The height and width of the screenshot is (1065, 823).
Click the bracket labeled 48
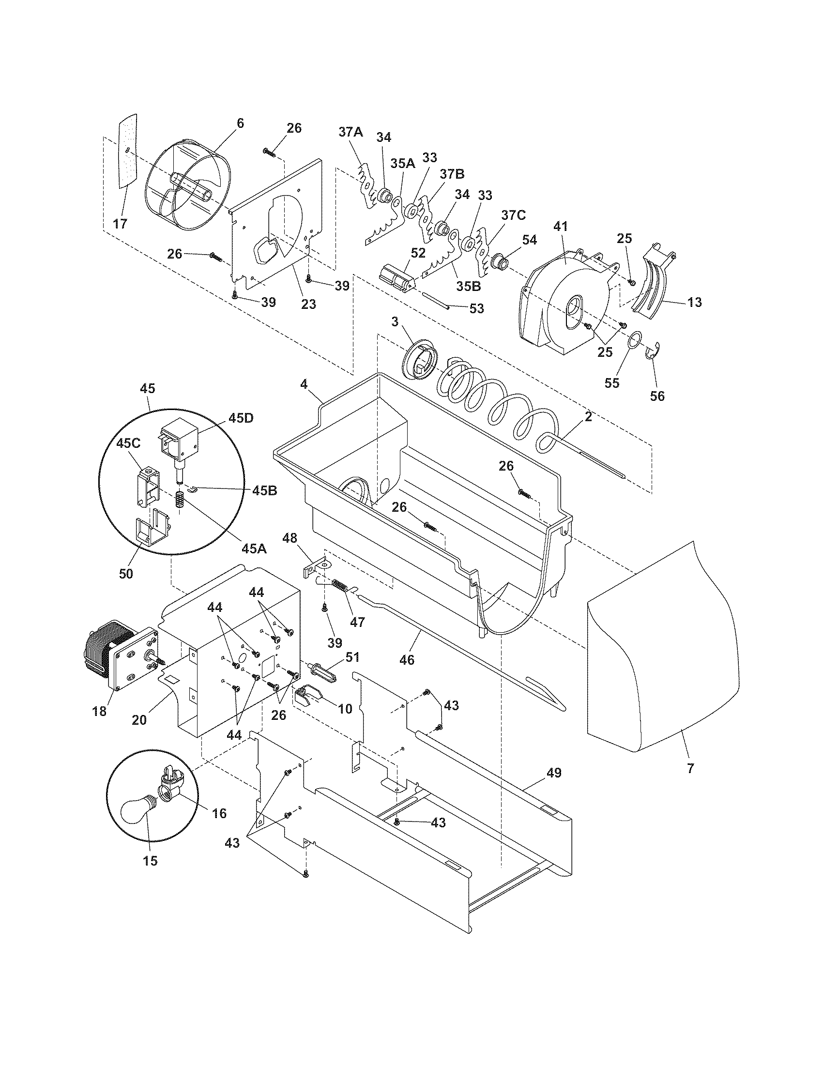click(x=315, y=568)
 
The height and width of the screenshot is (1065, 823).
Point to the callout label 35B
click(x=468, y=286)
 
